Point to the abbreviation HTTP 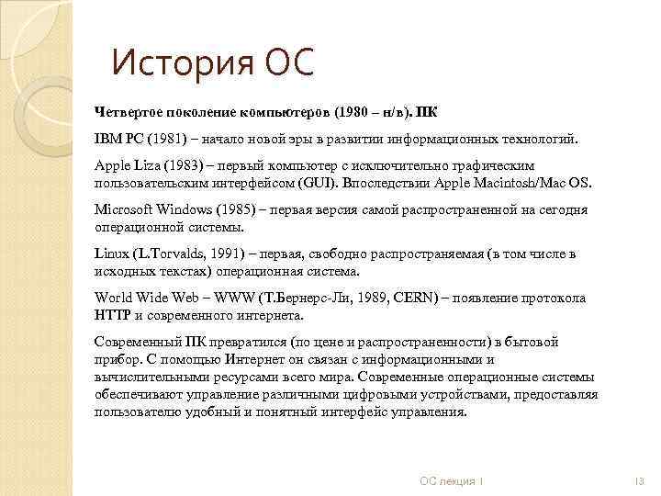coord(112,314)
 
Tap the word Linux coord(112,254)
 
